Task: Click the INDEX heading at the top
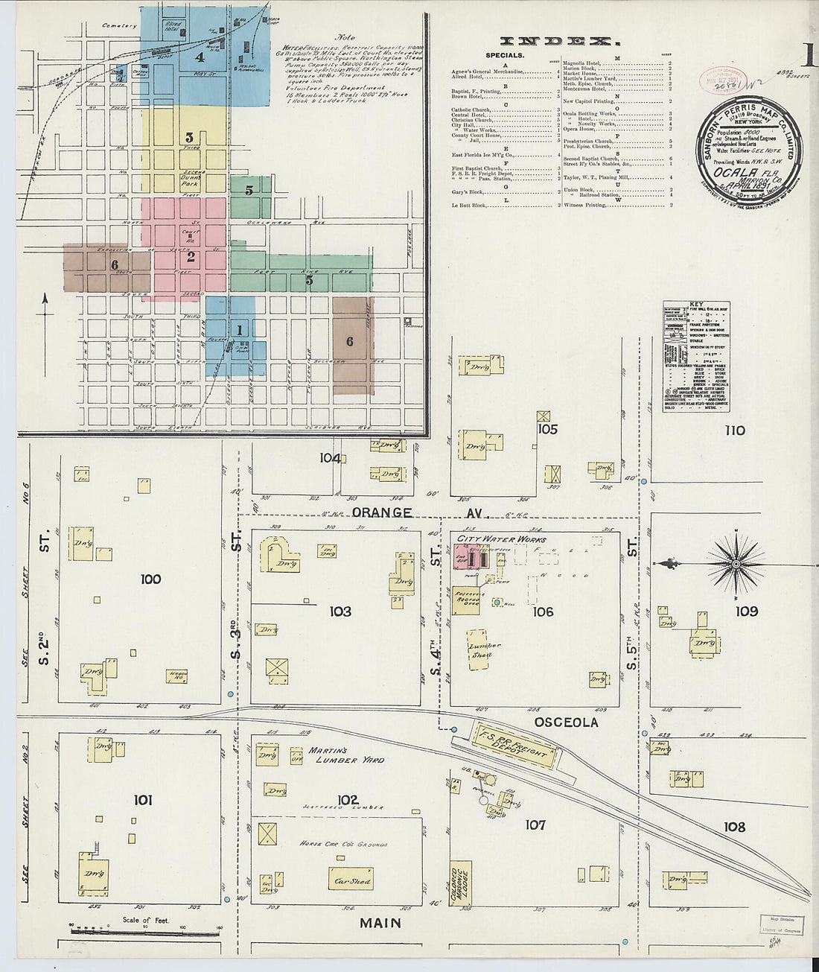point(555,42)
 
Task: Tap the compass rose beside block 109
point(736,564)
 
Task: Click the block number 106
point(543,612)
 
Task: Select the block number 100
point(150,579)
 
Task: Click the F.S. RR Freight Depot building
point(515,745)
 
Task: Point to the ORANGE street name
point(382,512)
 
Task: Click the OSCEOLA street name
point(566,722)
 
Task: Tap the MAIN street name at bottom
point(380,923)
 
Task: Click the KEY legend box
point(696,356)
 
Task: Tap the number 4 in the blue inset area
point(199,57)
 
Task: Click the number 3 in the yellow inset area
point(189,137)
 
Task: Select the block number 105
point(547,429)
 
